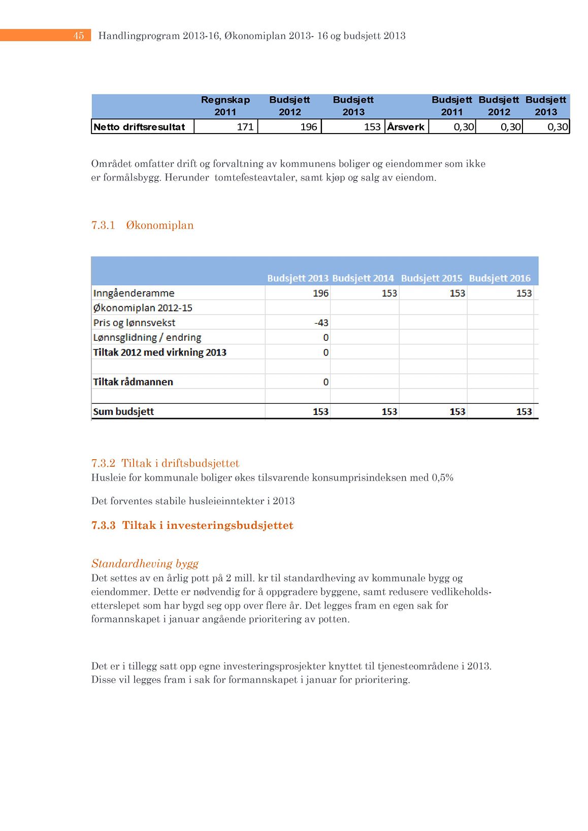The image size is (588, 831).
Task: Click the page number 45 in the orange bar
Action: pos(78,36)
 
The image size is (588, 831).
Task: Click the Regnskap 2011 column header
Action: pos(225,106)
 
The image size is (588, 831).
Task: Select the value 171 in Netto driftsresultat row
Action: pos(245,127)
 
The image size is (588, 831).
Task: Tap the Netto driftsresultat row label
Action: pos(139,127)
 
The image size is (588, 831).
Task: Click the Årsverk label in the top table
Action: pos(406,127)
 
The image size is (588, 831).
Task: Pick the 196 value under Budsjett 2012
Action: pos(309,127)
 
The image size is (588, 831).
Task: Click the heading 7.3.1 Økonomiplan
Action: pos(142,225)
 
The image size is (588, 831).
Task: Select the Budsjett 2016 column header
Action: pos(500,278)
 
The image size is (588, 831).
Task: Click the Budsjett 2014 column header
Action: pos(363,278)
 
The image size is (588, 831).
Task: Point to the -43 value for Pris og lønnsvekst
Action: pos(321,323)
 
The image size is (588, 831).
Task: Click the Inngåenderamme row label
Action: pos(134,293)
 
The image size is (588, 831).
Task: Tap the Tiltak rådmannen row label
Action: pos(133,382)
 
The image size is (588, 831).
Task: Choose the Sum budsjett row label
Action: pos(123,411)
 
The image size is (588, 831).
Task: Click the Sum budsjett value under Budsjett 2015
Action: pos(457,411)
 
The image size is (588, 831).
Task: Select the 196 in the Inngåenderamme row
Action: pos(320,293)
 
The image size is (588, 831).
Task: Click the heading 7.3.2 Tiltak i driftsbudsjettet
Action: pos(165,463)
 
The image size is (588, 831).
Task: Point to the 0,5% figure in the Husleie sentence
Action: pos(442,477)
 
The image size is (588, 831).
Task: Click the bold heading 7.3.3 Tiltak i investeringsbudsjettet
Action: pos(192,525)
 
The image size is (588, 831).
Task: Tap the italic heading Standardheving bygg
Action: pos(145,563)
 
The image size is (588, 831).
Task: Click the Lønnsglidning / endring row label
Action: pos(147,337)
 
